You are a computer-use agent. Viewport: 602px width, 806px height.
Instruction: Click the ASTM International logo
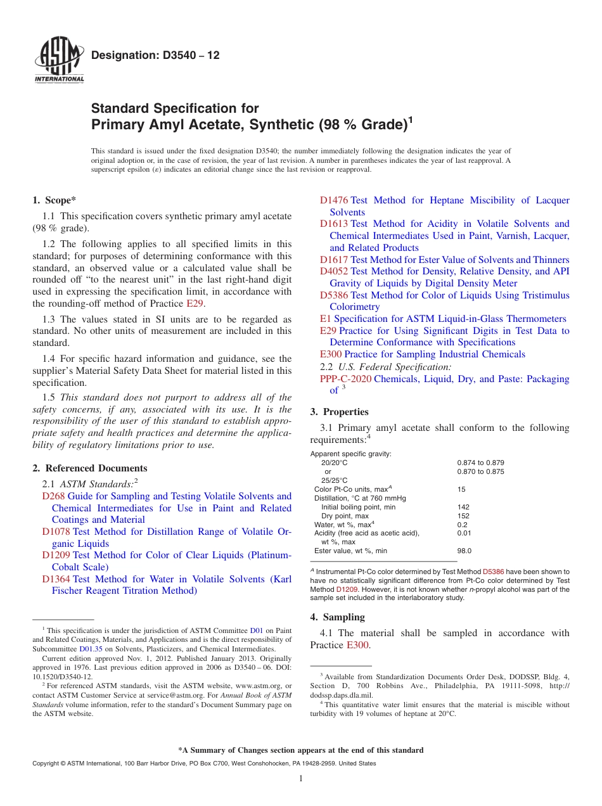[59, 60]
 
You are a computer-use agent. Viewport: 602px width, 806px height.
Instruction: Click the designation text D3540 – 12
[155, 55]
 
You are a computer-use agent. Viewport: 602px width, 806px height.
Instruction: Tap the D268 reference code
[53, 496]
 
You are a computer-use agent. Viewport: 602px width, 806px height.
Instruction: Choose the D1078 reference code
[56, 532]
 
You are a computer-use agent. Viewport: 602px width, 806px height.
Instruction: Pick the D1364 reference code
[56, 579]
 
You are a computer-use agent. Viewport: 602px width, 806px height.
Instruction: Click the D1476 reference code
[334, 200]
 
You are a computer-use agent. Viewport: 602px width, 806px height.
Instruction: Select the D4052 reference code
[334, 271]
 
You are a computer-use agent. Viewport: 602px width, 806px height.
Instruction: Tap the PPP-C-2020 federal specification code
[345, 379]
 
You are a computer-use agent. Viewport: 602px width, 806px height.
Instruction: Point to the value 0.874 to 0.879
[480, 463]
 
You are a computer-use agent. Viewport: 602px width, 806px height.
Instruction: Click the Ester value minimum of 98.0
[464, 551]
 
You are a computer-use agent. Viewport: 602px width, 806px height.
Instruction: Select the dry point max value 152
[463, 516]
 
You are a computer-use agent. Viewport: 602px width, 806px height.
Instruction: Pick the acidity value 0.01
[463, 534]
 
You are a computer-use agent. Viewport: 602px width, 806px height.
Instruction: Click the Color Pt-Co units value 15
[461, 489]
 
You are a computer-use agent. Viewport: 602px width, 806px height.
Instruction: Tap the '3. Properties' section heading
[339, 412]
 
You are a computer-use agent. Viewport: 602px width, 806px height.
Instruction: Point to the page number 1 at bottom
[301, 778]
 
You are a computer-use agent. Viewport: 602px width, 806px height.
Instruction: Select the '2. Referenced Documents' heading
[90, 468]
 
